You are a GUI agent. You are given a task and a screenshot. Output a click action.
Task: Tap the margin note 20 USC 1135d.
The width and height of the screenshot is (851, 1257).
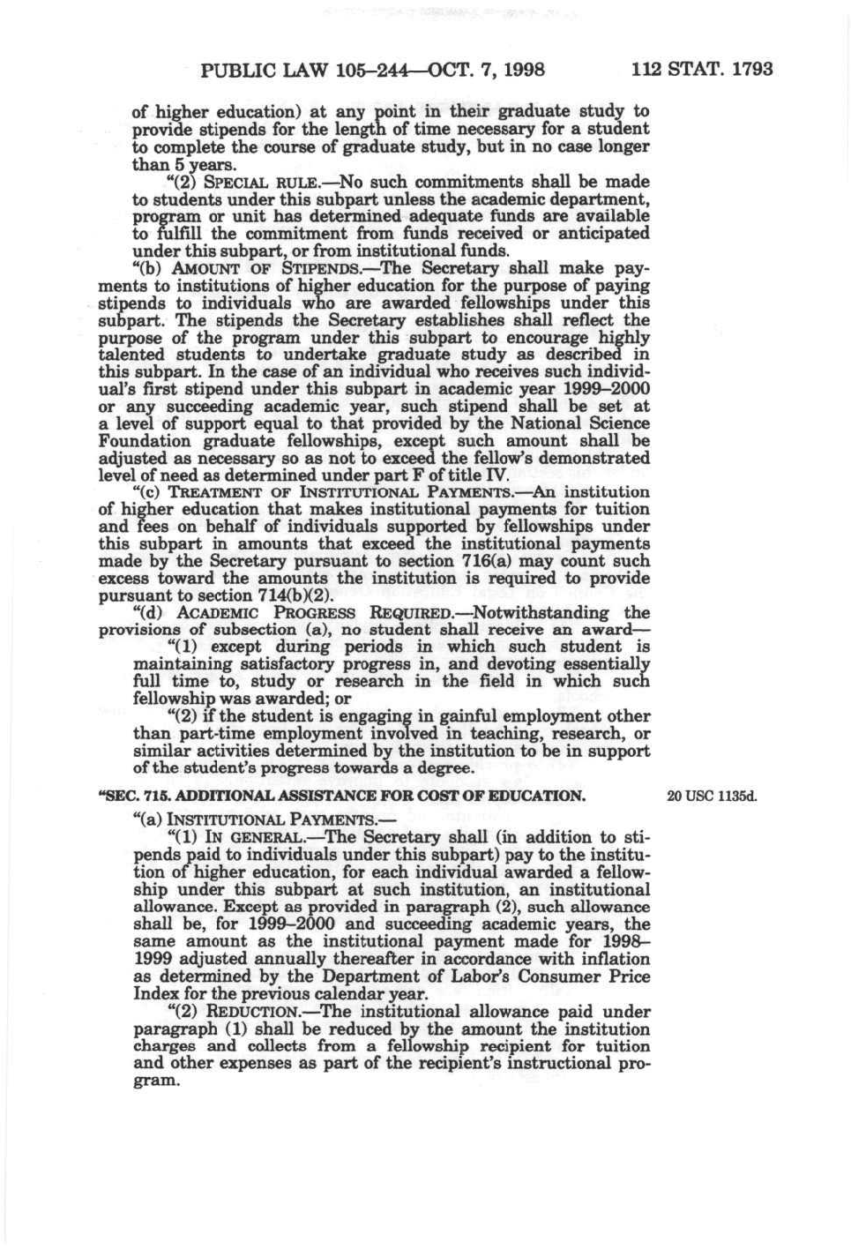click(x=713, y=796)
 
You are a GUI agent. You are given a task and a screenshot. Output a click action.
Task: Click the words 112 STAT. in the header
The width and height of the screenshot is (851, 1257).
click(x=675, y=69)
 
